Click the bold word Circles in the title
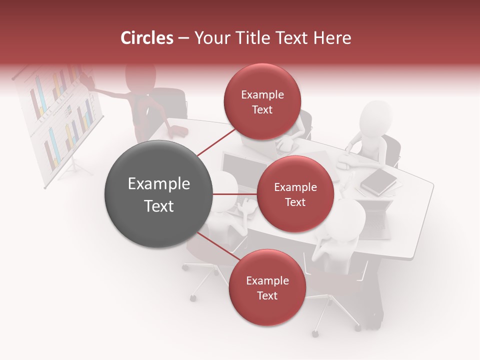click(x=147, y=38)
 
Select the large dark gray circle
click(x=158, y=194)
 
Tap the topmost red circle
click(x=262, y=101)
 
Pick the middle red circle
click(x=295, y=194)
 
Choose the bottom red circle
click(x=267, y=287)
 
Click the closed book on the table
click(x=378, y=181)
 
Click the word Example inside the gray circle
click(x=158, y=184)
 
